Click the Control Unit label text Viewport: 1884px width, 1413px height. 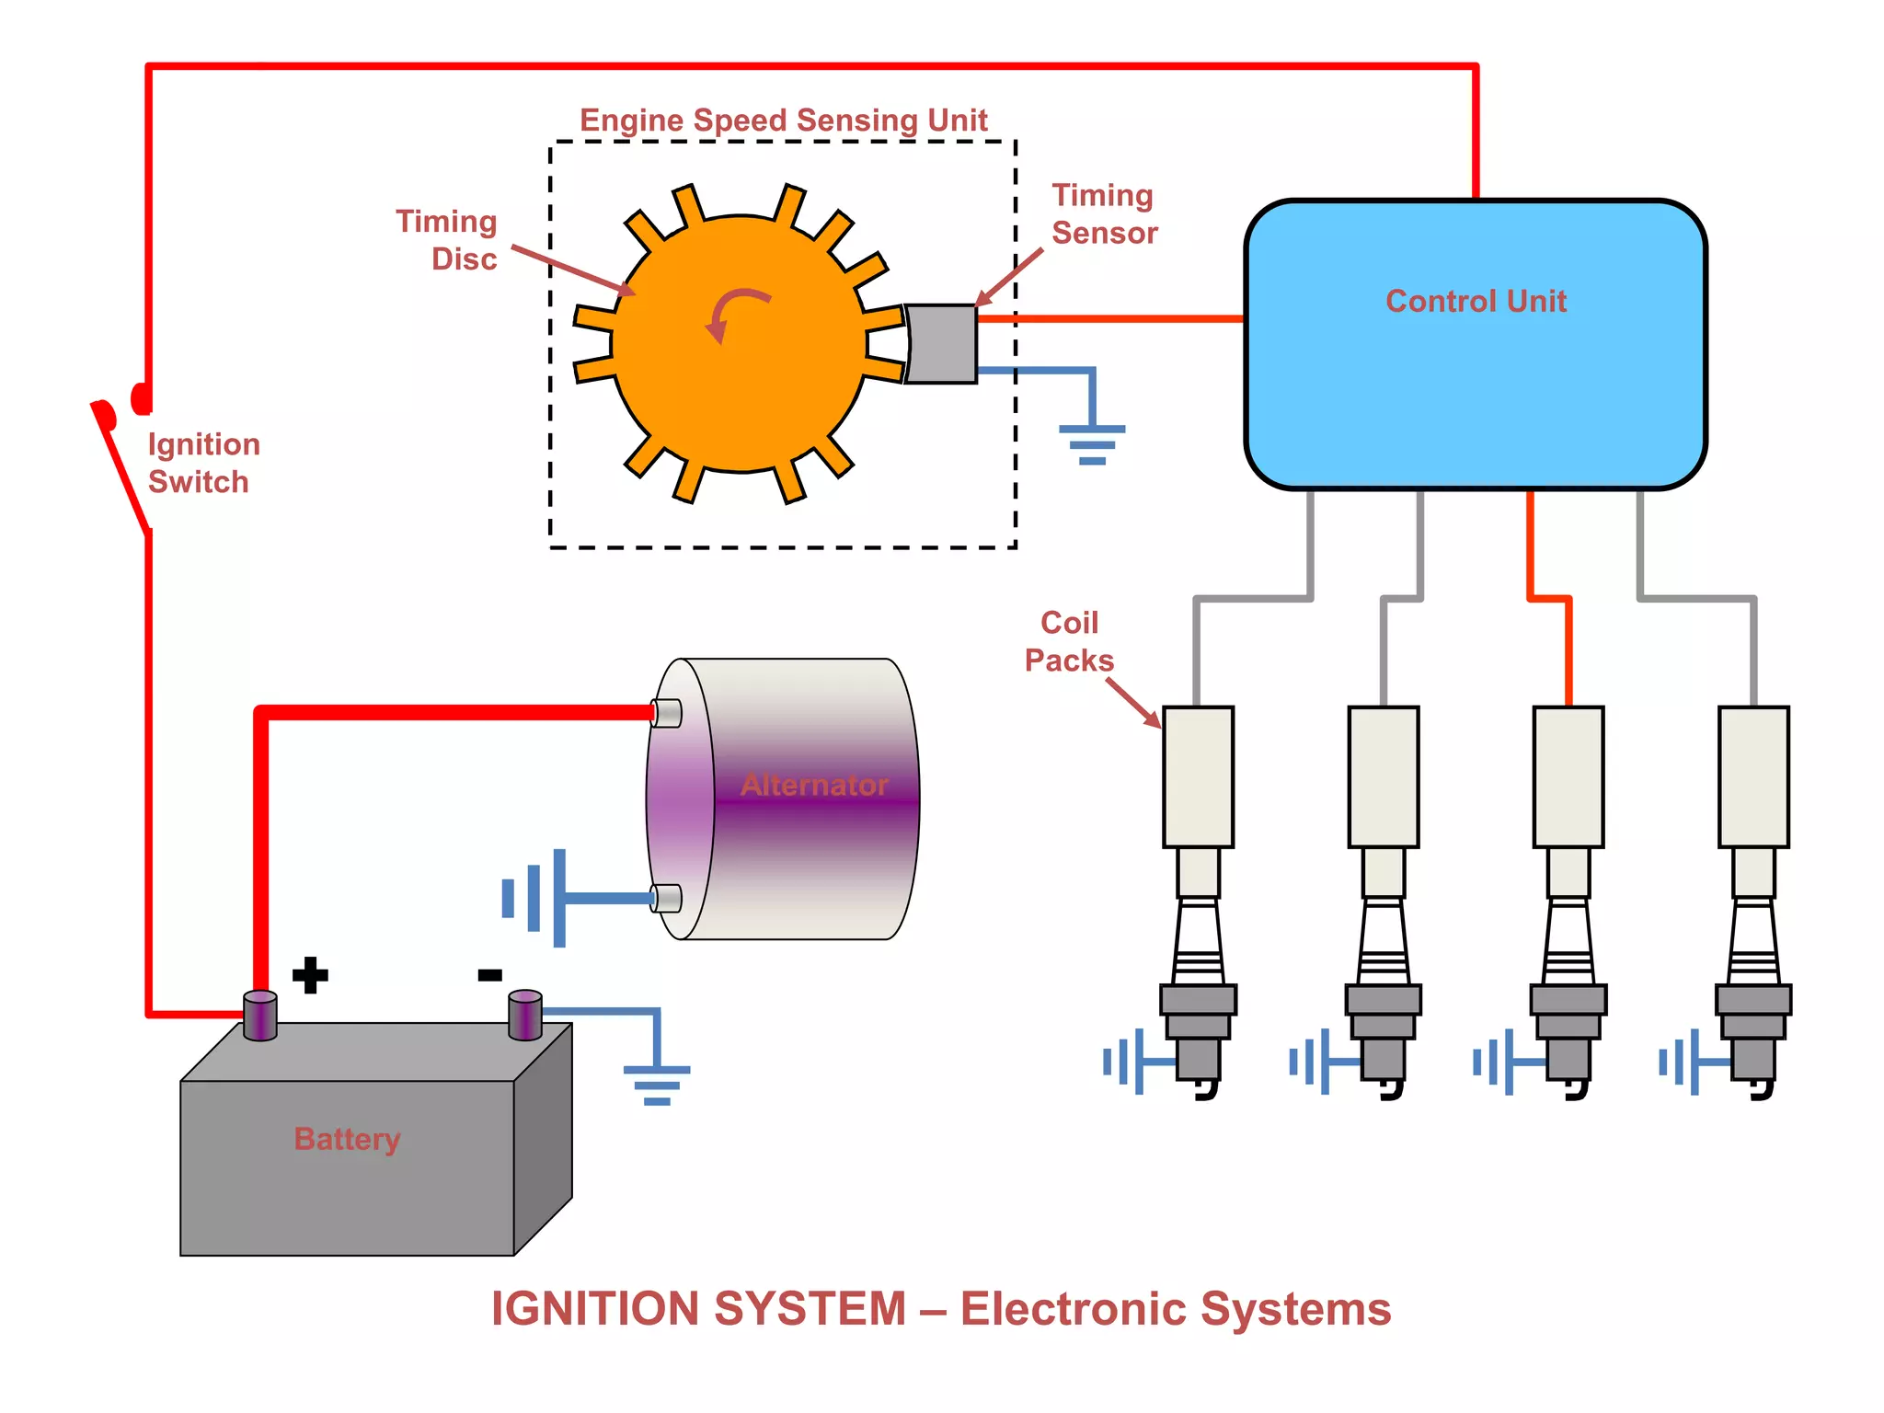(x=1476, y=302)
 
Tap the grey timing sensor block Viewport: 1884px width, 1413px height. (x=942, y=344)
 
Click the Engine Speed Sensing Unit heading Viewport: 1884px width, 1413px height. (x=783, y=121)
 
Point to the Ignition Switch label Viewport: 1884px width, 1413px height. (x=203, y=463)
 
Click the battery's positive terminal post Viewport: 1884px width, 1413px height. (x=260, y=1016)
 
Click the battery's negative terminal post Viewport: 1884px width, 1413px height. (x=525, y=1014)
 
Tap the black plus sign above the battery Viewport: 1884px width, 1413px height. (x=310, y=975)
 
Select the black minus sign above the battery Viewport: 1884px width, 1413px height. (x=489, y=975)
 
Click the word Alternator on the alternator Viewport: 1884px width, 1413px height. (x=814, y=785)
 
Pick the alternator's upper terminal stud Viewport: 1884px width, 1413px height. (x=667, y=713)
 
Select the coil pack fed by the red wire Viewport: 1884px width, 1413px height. (x=1568, y=776)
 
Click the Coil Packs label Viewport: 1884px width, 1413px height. (x=1069, y=641)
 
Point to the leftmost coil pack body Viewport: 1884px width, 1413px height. (x=1198, y=776)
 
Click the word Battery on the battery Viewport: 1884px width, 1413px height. (x=347, y=1139)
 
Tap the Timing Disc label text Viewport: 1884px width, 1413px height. (x=447, y=240)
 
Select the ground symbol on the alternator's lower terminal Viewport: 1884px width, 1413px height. (x=534, y=898)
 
